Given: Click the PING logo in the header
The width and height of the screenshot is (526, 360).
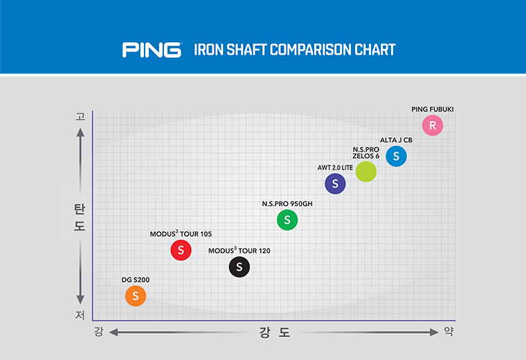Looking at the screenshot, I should (152, 50).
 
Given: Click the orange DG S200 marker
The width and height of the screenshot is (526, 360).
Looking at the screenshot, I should (136, 296).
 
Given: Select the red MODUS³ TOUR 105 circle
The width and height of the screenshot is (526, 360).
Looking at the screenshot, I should (181, 250).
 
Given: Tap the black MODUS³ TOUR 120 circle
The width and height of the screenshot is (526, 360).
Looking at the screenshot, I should (239, 267).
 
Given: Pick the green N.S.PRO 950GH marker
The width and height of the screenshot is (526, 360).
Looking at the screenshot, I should (287, 220).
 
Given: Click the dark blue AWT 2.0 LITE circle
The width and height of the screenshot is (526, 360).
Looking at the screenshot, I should (335, 183).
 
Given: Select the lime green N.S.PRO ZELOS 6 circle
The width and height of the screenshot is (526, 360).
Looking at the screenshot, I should (366, 171).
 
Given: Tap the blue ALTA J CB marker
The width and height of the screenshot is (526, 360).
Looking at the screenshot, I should (396, 156).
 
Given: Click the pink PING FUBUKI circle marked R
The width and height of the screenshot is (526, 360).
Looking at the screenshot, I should (433, 125).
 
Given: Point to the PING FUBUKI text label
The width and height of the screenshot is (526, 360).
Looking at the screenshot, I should (433, 109).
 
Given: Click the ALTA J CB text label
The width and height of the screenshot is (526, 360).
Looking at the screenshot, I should (396, 140).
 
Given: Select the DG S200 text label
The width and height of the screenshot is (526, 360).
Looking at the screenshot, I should (136, 280).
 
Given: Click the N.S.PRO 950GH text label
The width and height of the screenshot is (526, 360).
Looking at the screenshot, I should (287, 204).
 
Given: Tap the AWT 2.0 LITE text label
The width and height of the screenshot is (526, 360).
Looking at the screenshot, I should (335, 168).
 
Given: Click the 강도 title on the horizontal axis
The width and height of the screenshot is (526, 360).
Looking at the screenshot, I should (275, 333).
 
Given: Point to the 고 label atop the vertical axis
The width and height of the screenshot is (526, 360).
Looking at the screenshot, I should (80, 117).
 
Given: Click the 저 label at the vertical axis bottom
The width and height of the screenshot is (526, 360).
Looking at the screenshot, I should (80, 315).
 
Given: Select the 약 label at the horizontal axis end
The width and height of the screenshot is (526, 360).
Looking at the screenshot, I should (450, 332).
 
